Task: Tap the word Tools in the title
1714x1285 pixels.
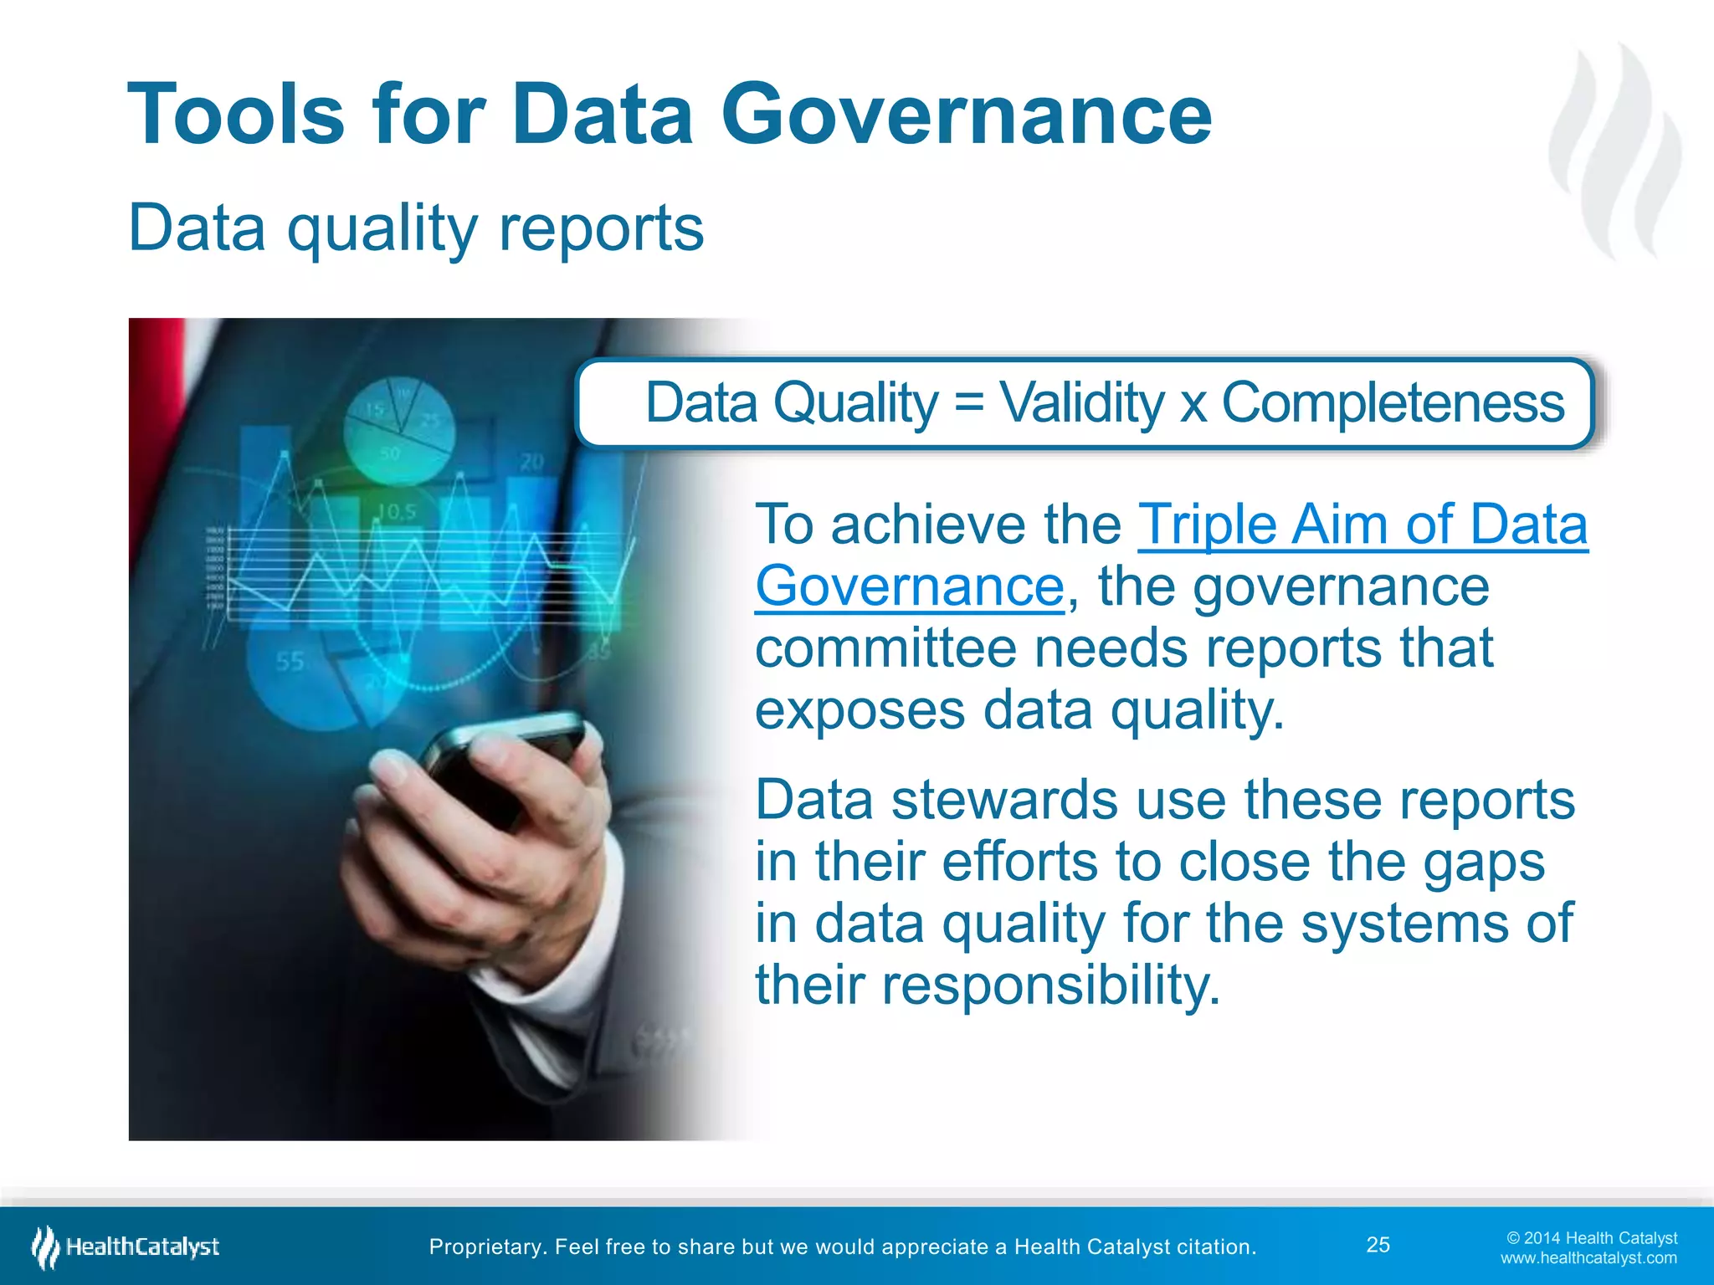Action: tap(236, 115)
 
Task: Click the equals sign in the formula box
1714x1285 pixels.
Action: tap(969, 402)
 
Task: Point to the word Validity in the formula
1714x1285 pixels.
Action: tap(1081, 402)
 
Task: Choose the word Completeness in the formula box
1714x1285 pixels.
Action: tap(1393, 402)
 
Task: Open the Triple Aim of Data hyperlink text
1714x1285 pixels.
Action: tap(1362, 525)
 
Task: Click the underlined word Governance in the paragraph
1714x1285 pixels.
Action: tap(910, 586)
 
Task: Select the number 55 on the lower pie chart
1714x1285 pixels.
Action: tap(290, 663)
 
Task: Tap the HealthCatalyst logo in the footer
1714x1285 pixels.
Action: tap(126, 1247)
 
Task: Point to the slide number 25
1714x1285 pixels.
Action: tap(1378, 1245)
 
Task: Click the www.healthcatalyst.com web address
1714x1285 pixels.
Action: tap(1588, 1258)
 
